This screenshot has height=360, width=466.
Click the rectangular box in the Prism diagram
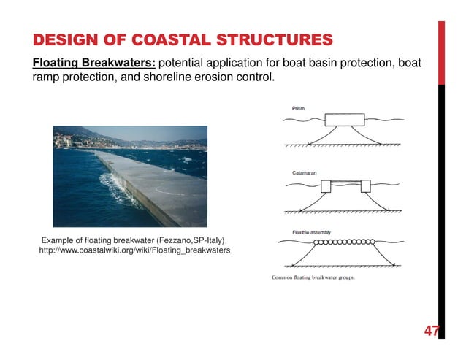point(344,120)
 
